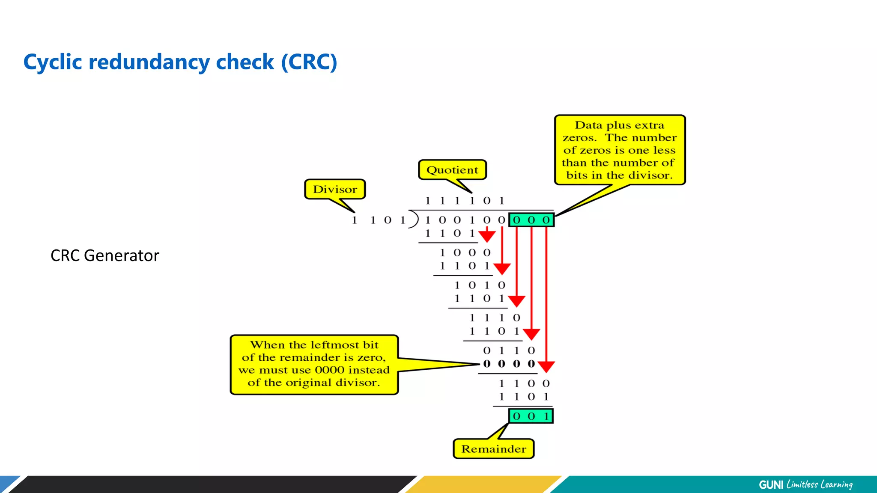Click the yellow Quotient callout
pos(452,170)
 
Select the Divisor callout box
pos(335,189)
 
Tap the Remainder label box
pos(493,449)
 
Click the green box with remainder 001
pos(531,416)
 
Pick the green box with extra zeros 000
pos(531,220)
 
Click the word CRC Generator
pos(105,255)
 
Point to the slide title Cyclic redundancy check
pos(180,62)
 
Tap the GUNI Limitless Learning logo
pos(805,484)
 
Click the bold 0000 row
pos(509,364)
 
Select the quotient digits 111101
pos(465,201)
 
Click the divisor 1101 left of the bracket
pos(379,220)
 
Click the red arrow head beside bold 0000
pos(546,367)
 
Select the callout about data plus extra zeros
pos(619,150)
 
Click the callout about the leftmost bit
pos(314,364)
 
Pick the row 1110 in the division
pos(495,318)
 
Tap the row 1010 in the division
pos(480,285)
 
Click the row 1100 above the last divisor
pos(524,383)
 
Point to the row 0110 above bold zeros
pos(509,350)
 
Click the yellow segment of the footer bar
pos(484,484)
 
